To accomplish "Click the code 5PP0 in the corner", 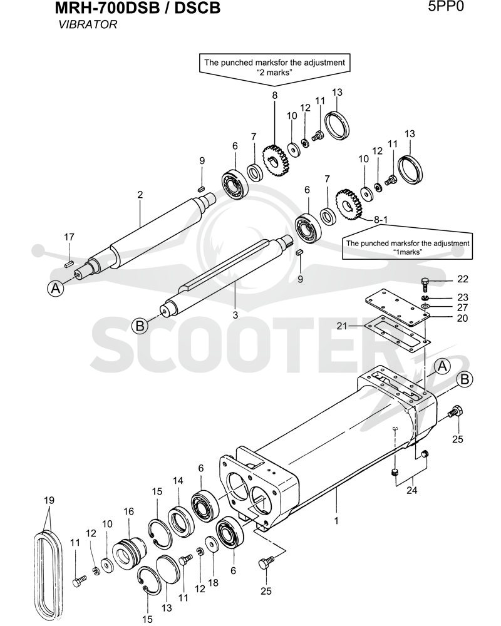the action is pos(445,7).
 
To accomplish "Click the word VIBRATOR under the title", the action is pos(88,25).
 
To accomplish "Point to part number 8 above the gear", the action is pos(274,96).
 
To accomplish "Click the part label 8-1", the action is pos(380,220).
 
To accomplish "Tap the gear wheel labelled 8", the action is pos(276,162).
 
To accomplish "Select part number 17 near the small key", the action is pos(69,237).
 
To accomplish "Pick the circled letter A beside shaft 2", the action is pos(56,288).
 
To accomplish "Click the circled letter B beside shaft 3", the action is pos(140,326).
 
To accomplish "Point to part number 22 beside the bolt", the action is pos(462,279).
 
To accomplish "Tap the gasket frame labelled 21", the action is pos(396,331).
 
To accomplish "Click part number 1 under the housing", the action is pos(336,521).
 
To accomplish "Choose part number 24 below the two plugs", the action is pos(411,490).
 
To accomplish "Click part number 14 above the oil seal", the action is pos(178,480).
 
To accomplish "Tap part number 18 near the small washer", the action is pos(214,583).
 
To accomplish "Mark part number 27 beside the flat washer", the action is pos(462,307).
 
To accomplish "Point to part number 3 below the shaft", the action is pos(235,315).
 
